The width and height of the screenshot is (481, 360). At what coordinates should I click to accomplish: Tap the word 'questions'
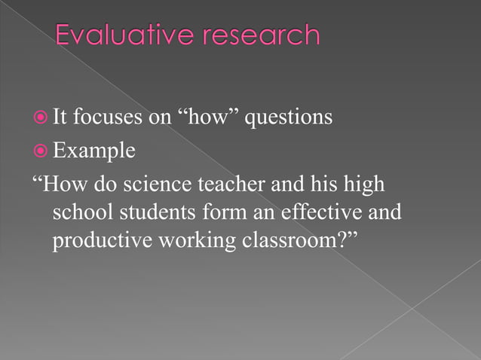tap(288, 119)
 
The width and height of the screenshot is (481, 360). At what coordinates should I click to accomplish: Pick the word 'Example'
tap(94, 151)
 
